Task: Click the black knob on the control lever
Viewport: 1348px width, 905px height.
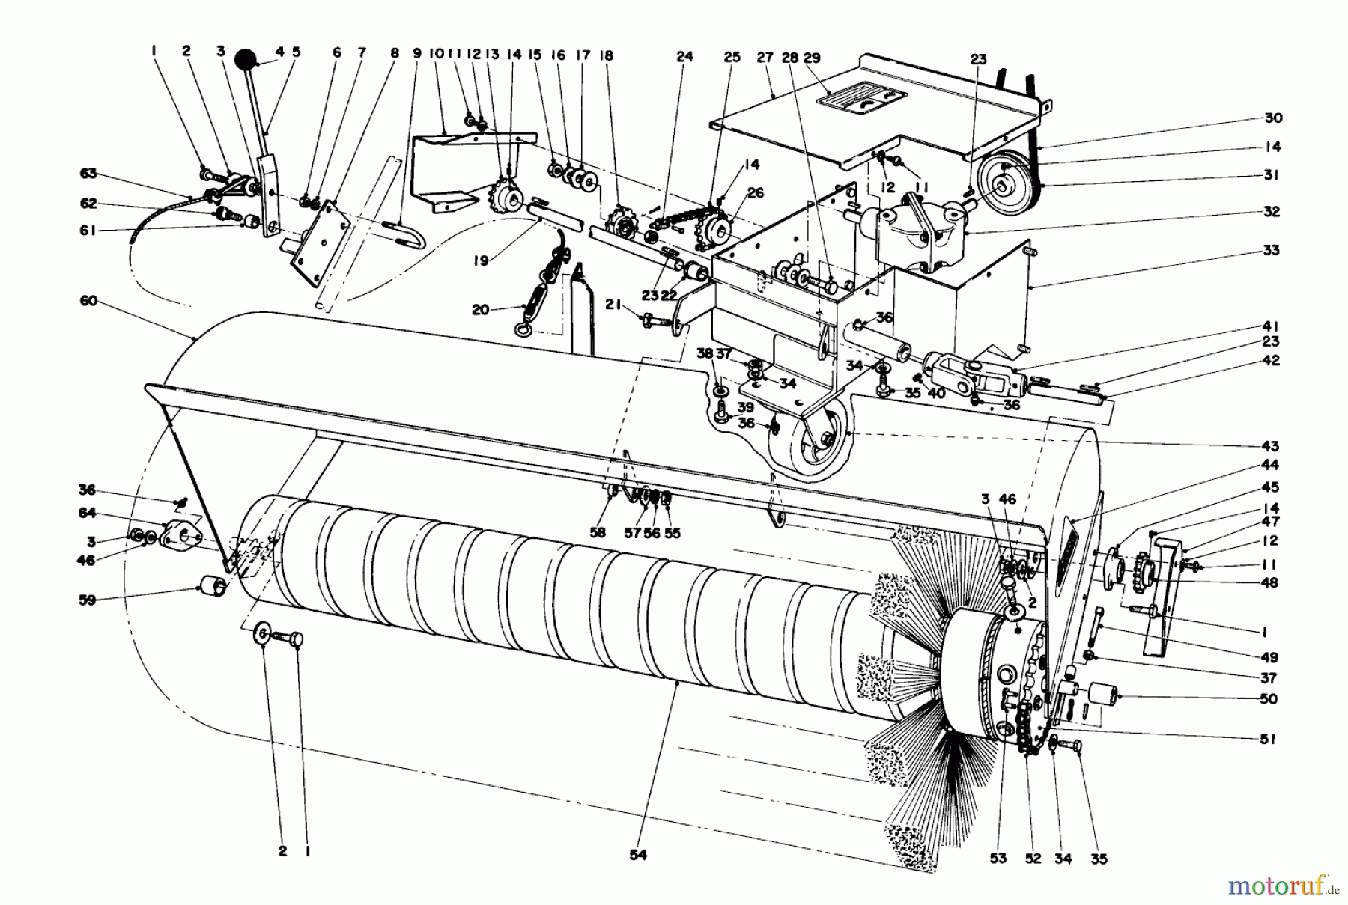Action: pyautogui.click(x=245, y=60)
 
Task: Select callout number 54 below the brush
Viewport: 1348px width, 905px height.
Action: pyautogui.click(x=638, y=854)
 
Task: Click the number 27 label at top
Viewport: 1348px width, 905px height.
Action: pyautogui.click(x=764, y=57)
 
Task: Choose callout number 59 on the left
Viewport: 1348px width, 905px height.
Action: pyautogui.click(x=88, y=600)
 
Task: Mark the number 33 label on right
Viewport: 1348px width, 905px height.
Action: pyautogui.click(x=1271, y=250)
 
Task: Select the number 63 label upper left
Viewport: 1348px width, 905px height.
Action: pyautogui.click(x=88, y=174)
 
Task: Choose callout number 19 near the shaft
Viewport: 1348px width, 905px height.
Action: pyautogui.click(x=481, y=260)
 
